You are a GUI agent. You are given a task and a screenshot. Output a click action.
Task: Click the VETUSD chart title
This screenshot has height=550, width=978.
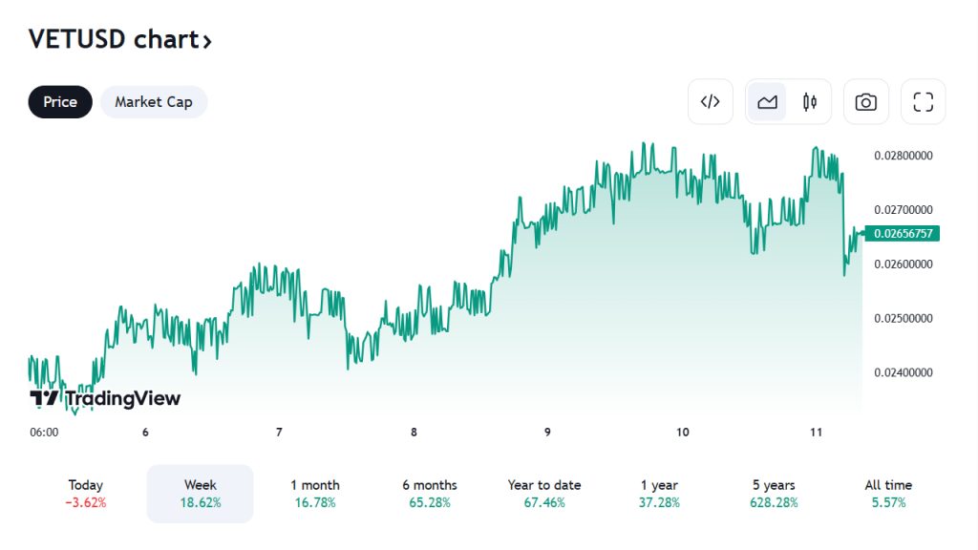pyautogui.click(x=119, y=40)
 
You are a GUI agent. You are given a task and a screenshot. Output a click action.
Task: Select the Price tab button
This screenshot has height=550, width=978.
pyautogui.click(x=60, y=102)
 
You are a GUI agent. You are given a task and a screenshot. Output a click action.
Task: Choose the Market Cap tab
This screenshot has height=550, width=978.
pyautogui.click(x=154, y=102)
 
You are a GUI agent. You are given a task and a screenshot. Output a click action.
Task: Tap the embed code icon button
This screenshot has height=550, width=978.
pyautogui.click(x=711, y=102)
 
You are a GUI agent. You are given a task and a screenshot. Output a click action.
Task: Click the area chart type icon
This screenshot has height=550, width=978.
pyautogui.click(x=767, y=102)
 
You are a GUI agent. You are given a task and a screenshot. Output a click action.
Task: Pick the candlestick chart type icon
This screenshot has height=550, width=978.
pyautogui.click(x=810, y=102)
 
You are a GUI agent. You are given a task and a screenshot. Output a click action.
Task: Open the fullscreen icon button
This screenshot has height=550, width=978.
pyautogui.click(x=923, y=102)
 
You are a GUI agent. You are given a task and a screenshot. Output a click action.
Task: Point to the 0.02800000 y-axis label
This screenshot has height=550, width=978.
pyautogui.click(x=903, y=156)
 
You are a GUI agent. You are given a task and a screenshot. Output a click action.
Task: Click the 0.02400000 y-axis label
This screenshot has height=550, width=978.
pyautogui.click(x=903, y=373)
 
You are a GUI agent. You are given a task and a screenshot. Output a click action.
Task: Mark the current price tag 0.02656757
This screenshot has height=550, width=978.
pyautogui.click(x=903, y=233)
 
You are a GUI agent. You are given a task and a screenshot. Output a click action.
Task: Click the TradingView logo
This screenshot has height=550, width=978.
pyautogui.click(x=105, y=398)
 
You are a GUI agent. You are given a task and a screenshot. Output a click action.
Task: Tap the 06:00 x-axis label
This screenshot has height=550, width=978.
pyautogui.click(x=44, y=433)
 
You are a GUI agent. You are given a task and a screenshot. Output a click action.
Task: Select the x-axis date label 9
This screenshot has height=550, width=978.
pyautogui.click(x=548, y=433)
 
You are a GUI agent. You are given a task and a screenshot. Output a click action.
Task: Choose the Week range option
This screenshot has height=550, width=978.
pyautogui.click(x=200, y=494)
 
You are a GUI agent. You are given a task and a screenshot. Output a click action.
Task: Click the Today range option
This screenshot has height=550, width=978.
pyautogui.click(x=86, y=494)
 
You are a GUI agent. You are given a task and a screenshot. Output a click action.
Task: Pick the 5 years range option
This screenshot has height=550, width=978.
pyautogui.click(x=774, y=494)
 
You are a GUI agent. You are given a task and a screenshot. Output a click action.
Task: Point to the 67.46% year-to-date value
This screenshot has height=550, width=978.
pyautogui.click(x=544, y=503)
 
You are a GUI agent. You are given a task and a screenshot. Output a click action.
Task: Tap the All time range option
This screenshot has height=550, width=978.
pyautogui.click(x=888, y=494)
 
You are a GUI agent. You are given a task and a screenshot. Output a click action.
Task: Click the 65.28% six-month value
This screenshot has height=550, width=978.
pyautogui.click(x=430, y=503)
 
